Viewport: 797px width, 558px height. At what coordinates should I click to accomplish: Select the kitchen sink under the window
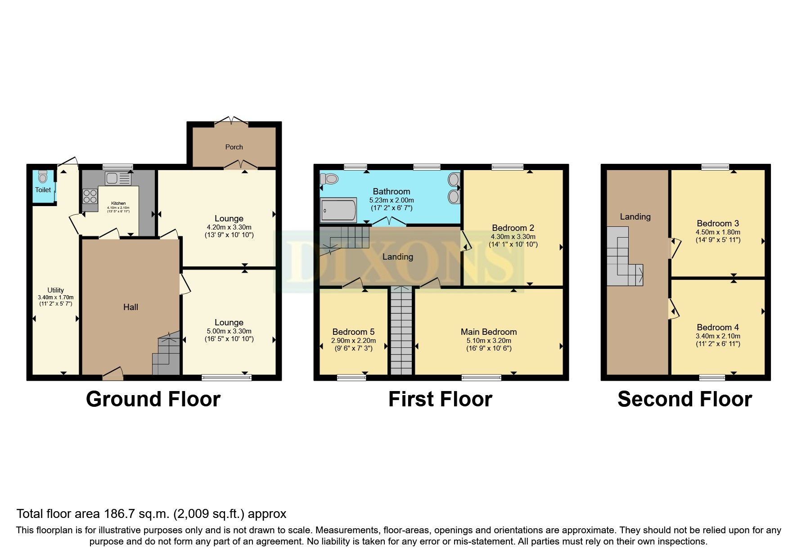[117, 179]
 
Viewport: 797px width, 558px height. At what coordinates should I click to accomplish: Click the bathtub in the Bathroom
[338, 211]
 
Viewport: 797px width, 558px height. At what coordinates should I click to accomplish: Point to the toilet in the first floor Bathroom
[329, 179]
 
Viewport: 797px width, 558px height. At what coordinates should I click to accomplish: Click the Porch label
[234, 147]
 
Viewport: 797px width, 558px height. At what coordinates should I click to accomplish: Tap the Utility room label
[56, 290]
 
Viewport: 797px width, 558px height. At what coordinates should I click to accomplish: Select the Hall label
[131, 307]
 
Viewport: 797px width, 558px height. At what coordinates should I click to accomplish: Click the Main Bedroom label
[488, 332]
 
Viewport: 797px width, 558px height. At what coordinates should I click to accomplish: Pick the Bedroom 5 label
[353, 332]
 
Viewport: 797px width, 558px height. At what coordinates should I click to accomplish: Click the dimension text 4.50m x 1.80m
[718, 232]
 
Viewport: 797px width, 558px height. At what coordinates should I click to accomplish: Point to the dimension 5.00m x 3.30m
[229, 331]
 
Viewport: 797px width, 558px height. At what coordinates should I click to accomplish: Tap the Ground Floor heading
[153, 399]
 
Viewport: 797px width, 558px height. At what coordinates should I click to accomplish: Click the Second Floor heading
[684, 399]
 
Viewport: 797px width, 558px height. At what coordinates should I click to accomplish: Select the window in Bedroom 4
[712, 378]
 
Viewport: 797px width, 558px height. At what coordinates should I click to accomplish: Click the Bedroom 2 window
[508, 167]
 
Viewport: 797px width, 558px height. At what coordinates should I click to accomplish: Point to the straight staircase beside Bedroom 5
[401, 331]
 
